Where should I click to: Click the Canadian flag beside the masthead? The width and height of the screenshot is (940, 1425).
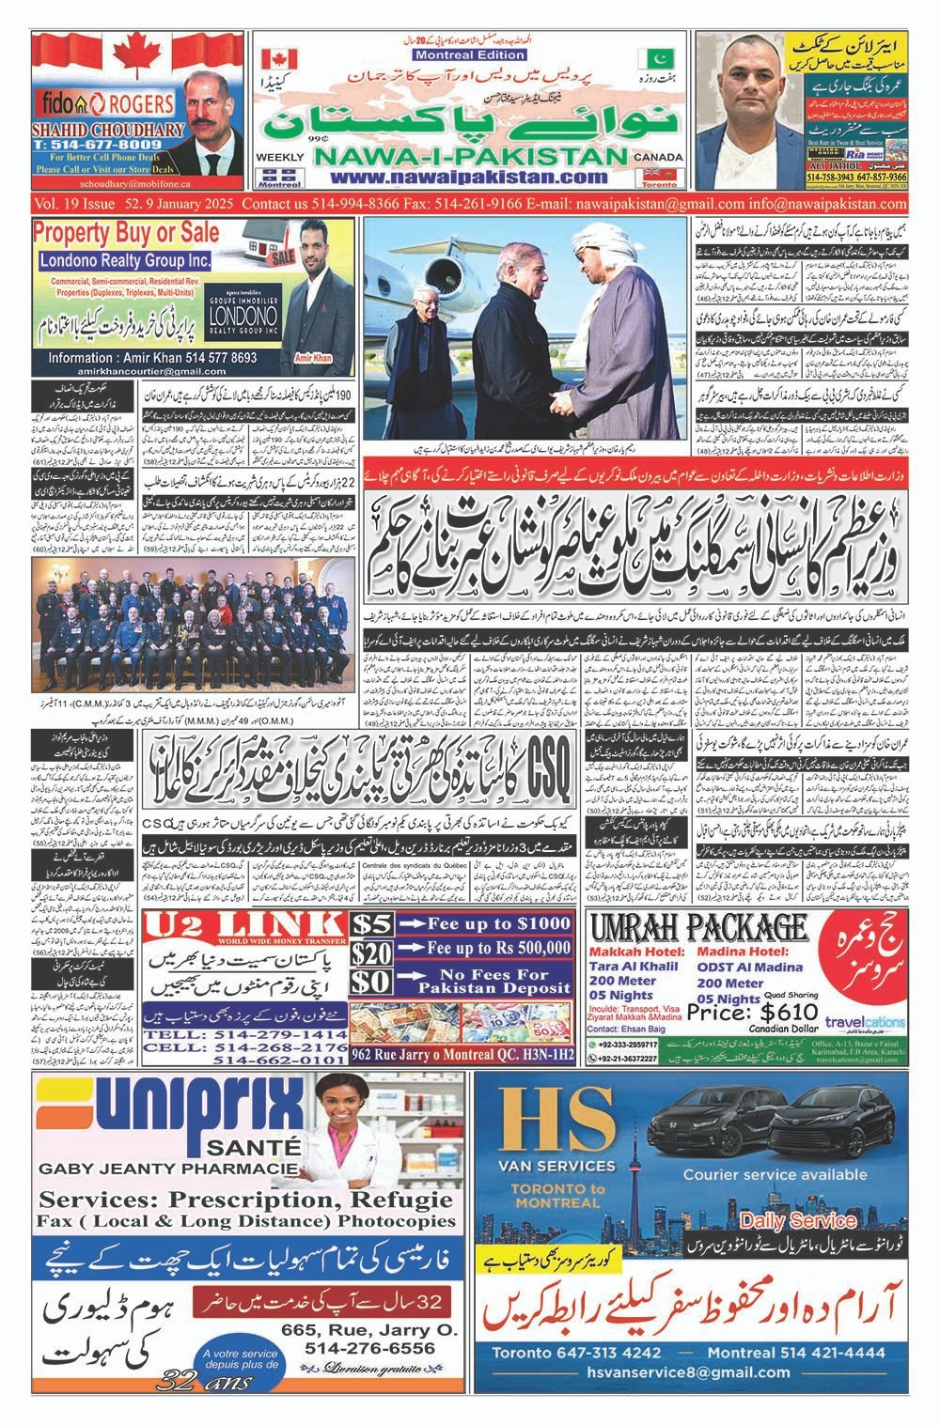(x=278, y=57)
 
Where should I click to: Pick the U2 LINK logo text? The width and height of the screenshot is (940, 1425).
(x=246, y=925)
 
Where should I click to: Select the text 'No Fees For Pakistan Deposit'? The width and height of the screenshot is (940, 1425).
(x=494, y=982)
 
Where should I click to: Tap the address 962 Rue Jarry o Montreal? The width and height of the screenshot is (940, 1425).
(x=462, y=1056)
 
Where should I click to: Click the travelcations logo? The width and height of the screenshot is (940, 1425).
(x=865, y=1023)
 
